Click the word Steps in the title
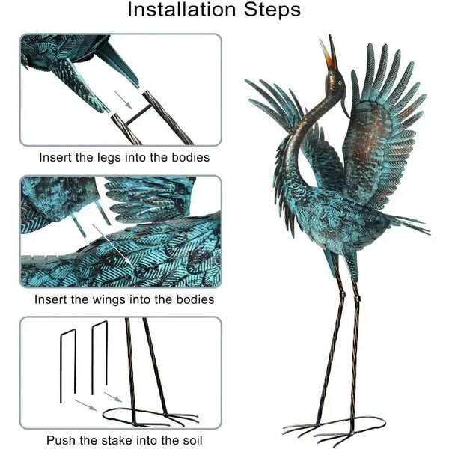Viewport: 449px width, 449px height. coord(272,10)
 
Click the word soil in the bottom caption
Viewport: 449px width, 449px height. coord(192,440)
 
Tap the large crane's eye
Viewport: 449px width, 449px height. coord(340,83)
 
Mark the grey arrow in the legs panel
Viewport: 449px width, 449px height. coord(123,100)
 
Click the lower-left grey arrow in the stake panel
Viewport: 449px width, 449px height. coord(85,405)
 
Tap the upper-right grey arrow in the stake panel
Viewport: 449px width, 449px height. coord(114,397)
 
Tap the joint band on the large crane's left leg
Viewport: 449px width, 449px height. coord(342,295)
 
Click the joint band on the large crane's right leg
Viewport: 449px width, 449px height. coord(357,299)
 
